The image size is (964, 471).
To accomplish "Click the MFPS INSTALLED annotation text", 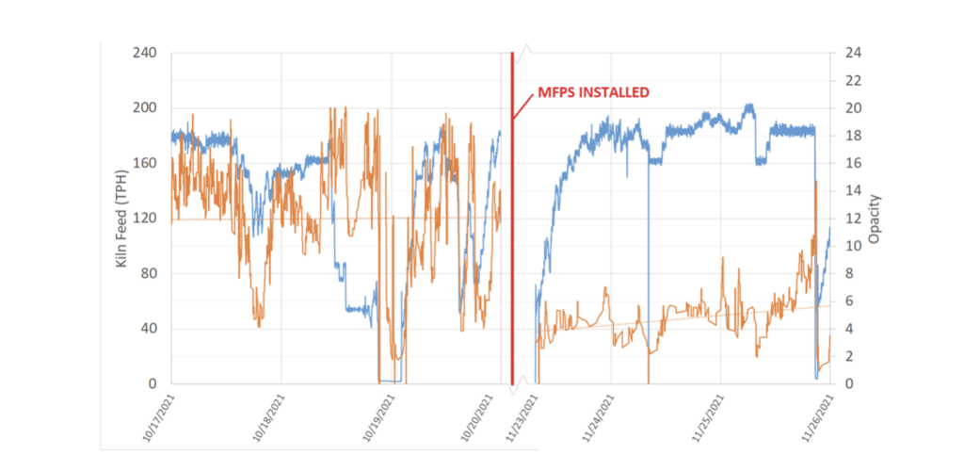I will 593,93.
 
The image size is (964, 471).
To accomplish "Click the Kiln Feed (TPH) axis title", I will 121,218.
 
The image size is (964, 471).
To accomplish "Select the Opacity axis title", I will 874,219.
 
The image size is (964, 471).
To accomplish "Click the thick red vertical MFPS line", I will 512,235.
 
